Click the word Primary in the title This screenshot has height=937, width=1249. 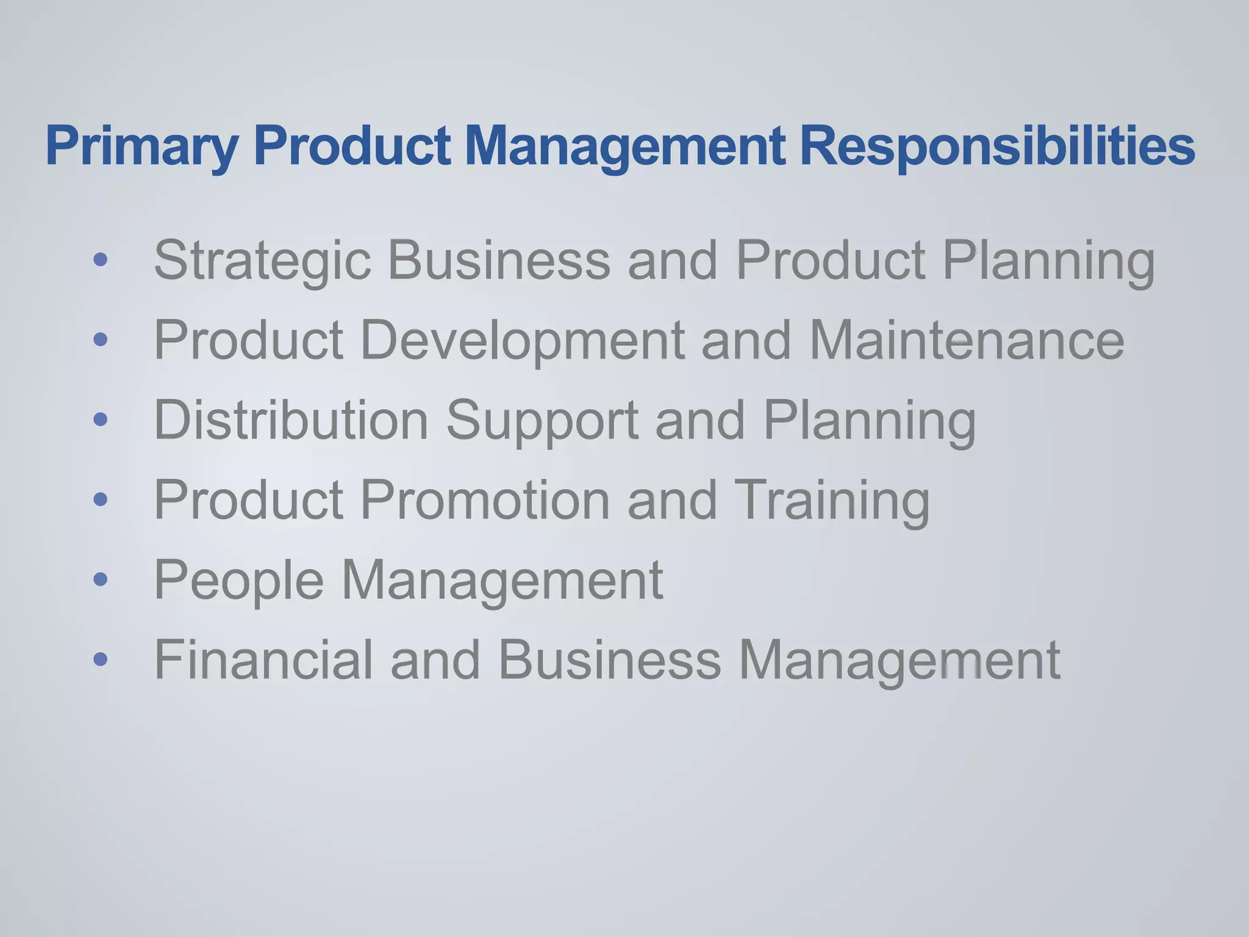[141, 146]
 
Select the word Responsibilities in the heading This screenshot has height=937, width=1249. [997, 146]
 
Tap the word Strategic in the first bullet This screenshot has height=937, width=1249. [262, 261]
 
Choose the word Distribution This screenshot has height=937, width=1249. [292, 420]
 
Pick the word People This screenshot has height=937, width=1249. [238, 580]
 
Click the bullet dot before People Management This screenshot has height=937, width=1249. [101, 579]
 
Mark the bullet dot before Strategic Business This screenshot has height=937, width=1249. [101, 260]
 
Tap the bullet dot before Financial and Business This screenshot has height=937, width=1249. [101, 659]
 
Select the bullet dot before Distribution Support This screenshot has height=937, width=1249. [101, 420]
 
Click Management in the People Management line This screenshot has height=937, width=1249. [502, 580]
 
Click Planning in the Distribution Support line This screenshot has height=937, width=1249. [869, 420]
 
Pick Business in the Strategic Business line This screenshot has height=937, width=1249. [499, 261]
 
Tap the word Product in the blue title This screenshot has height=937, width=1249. [352, 146]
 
